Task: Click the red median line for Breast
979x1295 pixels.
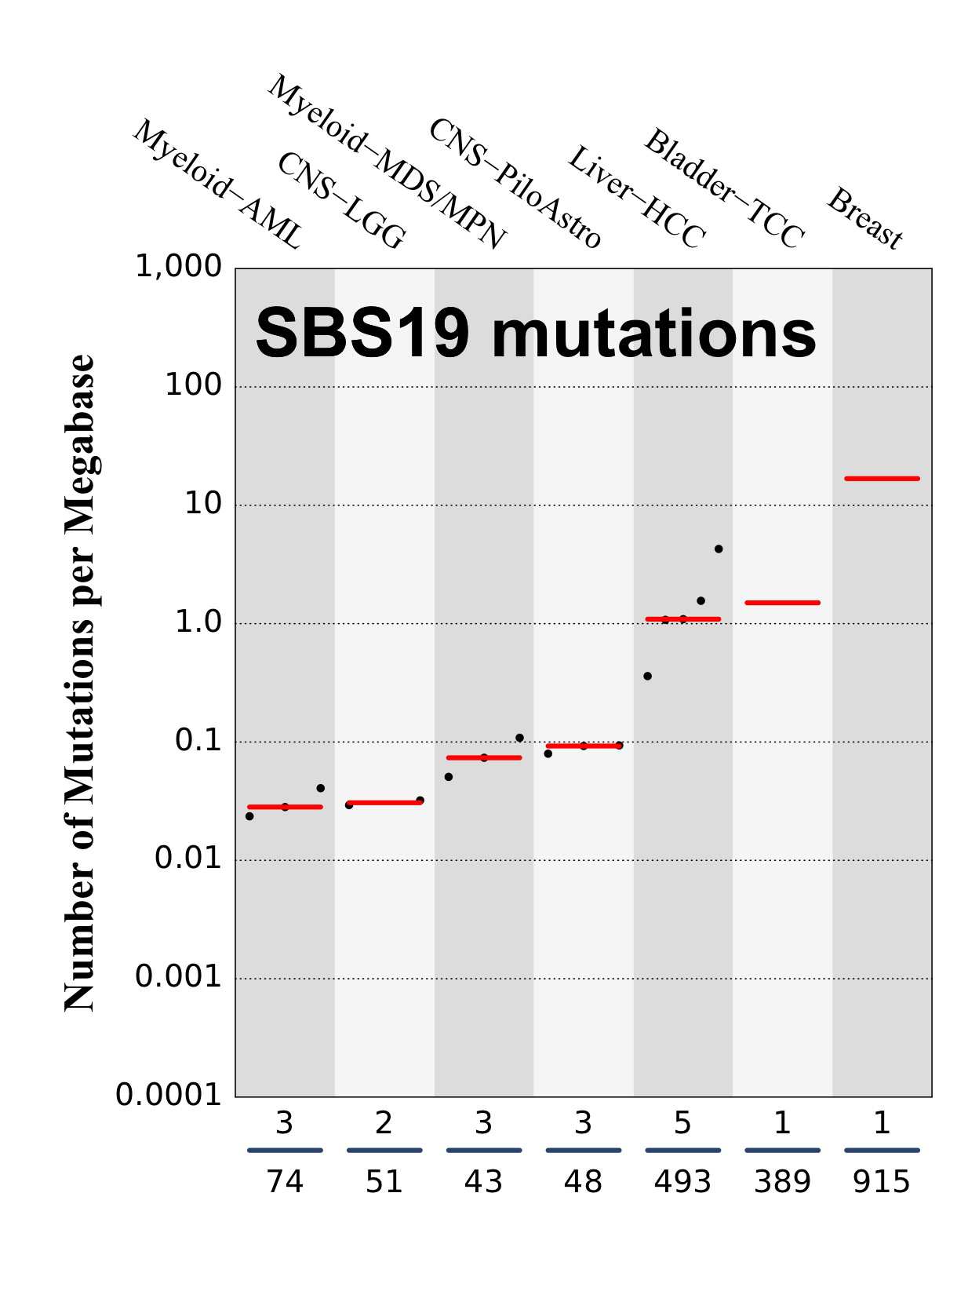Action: [882, 478]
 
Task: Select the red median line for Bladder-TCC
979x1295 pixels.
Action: [782, 603]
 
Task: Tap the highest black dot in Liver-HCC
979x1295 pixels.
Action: [719, 549]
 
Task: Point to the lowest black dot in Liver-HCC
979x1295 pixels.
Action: [647, 676]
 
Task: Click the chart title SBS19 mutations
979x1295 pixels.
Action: [536, 333]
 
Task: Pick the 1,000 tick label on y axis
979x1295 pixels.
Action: [179, 267]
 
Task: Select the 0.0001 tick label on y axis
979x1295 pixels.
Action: [169, 1095]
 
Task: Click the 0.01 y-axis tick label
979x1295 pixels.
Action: [188, 859]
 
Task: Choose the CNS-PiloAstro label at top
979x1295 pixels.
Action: [515, 184]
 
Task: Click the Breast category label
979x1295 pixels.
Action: [865, 218]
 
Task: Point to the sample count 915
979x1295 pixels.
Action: [882, 1182]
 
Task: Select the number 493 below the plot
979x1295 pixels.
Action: [682, 1182]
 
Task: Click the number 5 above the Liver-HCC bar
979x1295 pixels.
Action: [682, 1124]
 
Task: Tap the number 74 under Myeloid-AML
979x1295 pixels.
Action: [285, 1182]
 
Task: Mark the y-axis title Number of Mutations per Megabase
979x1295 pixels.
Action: [80, 683]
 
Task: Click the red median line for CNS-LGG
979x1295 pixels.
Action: [384, 803]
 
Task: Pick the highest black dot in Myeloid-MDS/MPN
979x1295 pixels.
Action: [519, 738]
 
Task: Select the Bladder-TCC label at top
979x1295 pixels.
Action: [724, 189]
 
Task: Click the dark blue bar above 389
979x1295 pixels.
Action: [782, 1151]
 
